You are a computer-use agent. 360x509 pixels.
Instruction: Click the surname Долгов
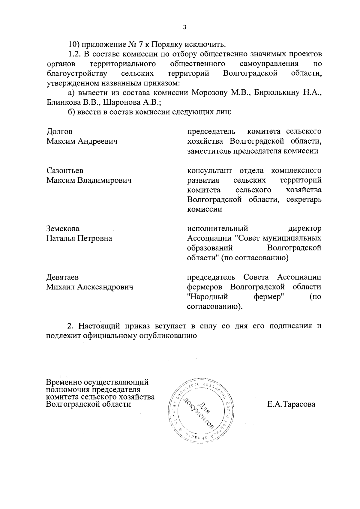click(x=59, y=132)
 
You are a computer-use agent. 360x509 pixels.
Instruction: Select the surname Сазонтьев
click(x=65, y=171)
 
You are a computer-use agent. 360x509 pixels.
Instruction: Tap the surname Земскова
click(x=63, y=229)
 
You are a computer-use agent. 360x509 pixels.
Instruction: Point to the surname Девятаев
click(x=62, y=277)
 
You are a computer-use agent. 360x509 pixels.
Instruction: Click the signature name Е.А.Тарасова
click(x=291, y=404)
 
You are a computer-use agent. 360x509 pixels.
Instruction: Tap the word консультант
click(x=209, y=171)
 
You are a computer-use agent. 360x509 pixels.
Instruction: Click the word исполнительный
click(x=217, y=229)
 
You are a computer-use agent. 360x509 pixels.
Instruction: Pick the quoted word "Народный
click(x=207, y=297)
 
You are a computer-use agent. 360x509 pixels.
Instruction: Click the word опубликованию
click(x=168, y=336)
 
